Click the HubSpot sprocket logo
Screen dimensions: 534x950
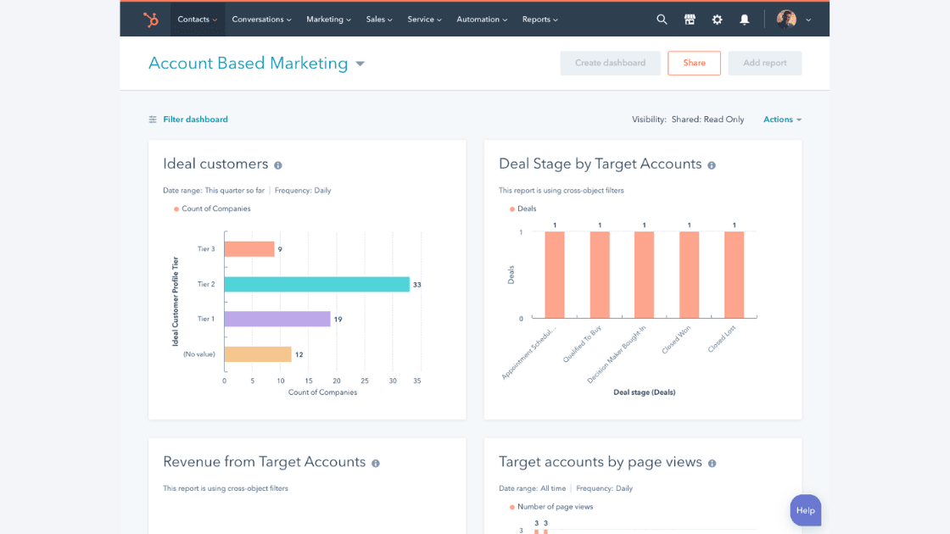151,19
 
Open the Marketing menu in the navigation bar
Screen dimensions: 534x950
328,19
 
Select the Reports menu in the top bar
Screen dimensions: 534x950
539,19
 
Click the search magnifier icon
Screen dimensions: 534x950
662,19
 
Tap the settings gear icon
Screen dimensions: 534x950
717,19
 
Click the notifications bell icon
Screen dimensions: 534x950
744,19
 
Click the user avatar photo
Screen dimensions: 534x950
786,19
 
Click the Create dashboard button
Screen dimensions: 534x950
610,63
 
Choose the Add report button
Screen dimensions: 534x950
764,63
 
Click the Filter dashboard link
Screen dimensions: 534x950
195,120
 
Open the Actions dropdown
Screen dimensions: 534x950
782,120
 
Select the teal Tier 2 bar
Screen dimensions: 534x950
316,284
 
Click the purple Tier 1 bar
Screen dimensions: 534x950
277,319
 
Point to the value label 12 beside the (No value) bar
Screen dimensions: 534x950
299,354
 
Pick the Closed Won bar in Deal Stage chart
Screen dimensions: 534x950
689,275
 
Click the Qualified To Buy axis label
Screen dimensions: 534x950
583,344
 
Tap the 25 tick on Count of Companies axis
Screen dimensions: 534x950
365,381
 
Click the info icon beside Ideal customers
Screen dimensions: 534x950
278,165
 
